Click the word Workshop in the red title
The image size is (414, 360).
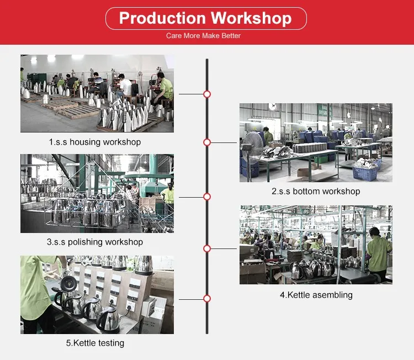pyautogui.click(x=251, y=18)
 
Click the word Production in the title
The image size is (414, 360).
pyautogui.click(x=162, y=18)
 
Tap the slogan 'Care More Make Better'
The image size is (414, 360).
pyautogui.click(x=203, y=36)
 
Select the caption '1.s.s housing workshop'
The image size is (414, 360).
pyautogui.click(x=95, y=142)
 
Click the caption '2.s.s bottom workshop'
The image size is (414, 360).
pyautogui.click(x=316, y=191)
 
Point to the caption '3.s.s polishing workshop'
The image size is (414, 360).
pyautogui.click(x=95, y=242)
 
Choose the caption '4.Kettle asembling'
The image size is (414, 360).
pyautogui.click(x=316, y=295)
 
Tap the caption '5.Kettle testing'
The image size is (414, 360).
pyautogui.click(x=95, y=343)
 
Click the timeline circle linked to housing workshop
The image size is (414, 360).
pyautogui.click(x=207, y=94)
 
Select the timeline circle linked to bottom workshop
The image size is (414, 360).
pyautogui.click(x=207, y=142)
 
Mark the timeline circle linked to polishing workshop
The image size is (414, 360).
pyautogui.click(x=207, y=197)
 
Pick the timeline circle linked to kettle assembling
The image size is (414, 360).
pyautogui.click(x=207, y=248)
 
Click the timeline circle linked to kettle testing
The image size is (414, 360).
pyautogui.click(x=207, y=299)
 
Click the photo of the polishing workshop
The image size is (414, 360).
pyautogui.click(x=97, y=194)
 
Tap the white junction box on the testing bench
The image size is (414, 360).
pyautogui.click(x=153, y=308)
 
